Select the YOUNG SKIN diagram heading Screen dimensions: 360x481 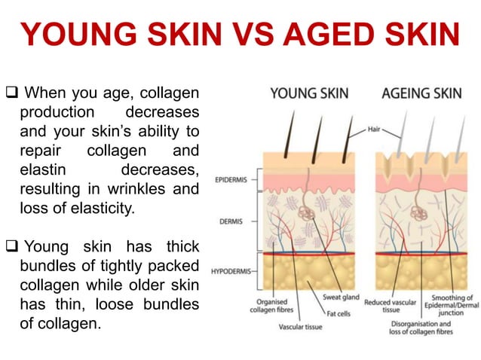point(309,94)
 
